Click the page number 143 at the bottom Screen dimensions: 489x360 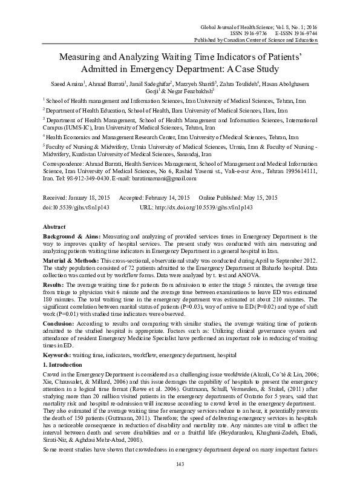tap(180, 480)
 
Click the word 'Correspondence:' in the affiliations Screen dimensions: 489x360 tap(64, 165)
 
